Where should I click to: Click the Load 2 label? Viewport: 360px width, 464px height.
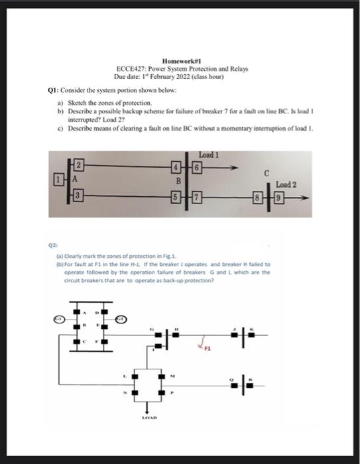(286, 183)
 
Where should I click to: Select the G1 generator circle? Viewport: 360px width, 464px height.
(57, 320)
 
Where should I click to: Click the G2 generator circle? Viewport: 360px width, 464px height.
(122, 320)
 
